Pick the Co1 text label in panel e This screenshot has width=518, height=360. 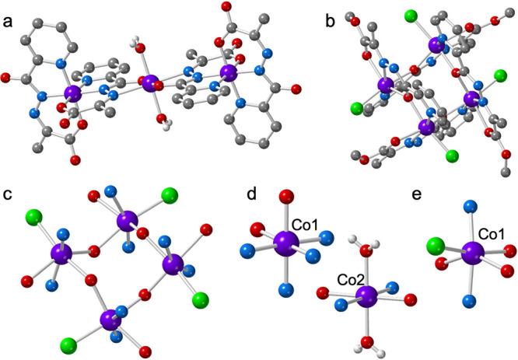click(x=489, y=231)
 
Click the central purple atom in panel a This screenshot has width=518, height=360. click(x=151, y=80)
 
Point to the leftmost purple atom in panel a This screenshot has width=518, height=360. click(x=72, y=94)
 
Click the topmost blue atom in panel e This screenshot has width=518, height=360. click(x=468, y=207)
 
